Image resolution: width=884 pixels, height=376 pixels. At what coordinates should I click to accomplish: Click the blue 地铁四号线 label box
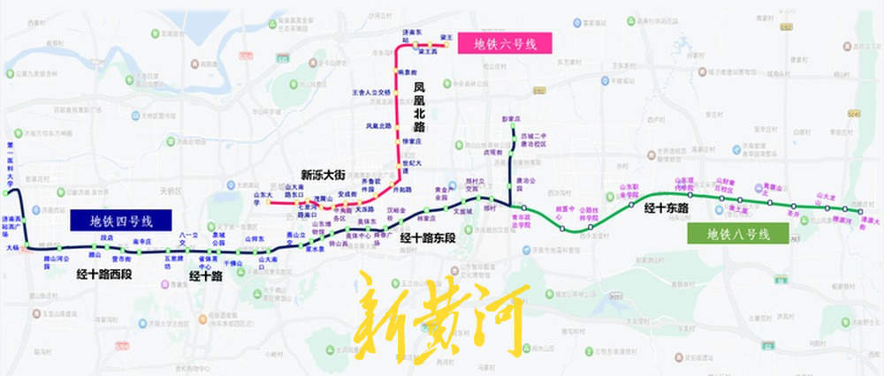(120, 221)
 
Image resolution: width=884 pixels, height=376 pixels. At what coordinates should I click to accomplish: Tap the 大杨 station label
(11, 248)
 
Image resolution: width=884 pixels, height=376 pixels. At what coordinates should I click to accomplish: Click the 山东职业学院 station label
(629, 190)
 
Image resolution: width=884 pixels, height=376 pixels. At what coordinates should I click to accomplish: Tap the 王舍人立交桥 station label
(371, 92)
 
